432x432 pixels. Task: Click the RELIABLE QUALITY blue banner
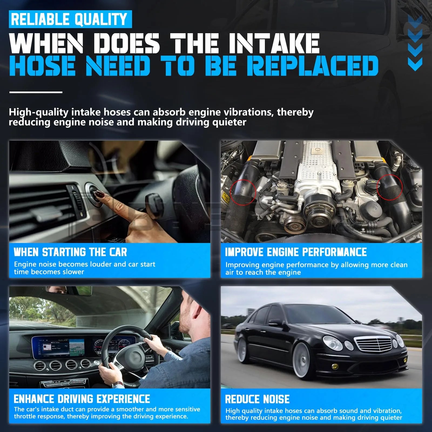pyautogui.click(x=70, y=19)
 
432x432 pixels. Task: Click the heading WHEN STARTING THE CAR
pyautogui.click(x=70, y=252)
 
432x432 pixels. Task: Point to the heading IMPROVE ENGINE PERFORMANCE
pyautogui.click(x=296, y=252)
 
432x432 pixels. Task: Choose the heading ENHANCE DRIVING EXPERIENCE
pyautogui.click(x=82, y=399)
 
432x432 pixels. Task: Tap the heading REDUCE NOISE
pyautogui.click(x=257, y=399)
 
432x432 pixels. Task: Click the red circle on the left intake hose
pyautogui.click(x=243, y=192)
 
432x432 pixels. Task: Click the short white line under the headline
pyautogui.click(x=36, y=92)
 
